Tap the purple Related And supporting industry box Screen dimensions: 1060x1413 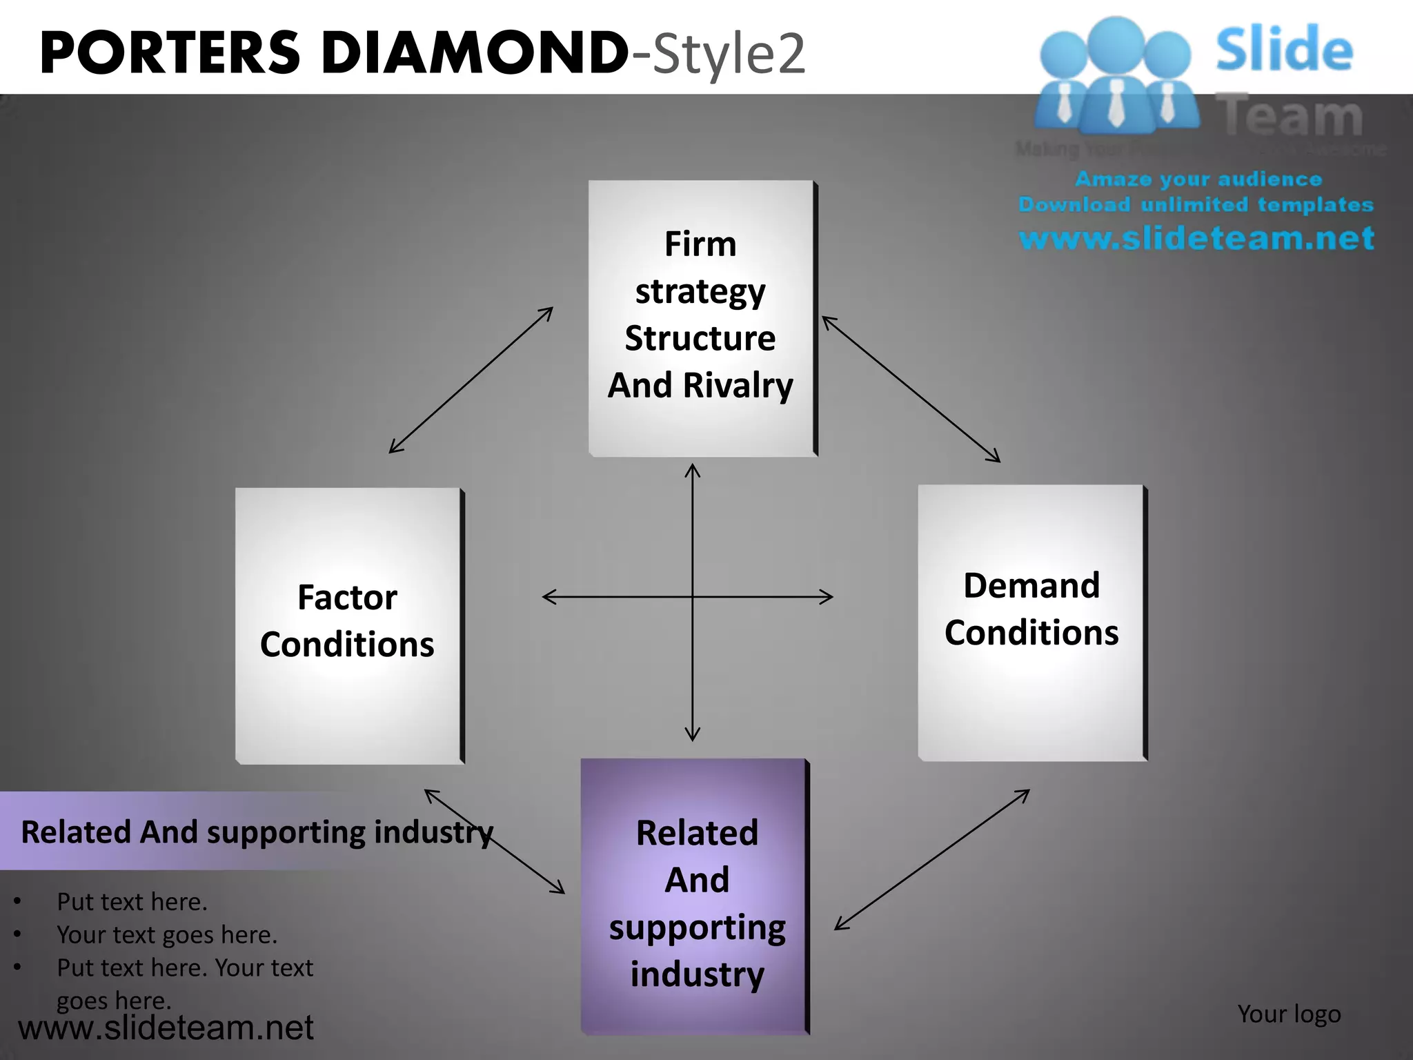click(x=695, y=897)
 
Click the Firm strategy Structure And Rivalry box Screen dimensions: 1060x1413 click(x=701, y=317)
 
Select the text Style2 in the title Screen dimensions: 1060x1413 click(x=729, y=54)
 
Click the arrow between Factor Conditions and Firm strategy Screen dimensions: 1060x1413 click(x=471, y=380)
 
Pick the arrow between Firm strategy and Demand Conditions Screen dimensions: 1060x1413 click(x=911, y=389)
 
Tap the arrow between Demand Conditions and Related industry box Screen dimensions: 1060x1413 click(x=931, y=860)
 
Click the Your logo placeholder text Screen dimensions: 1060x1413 click(x=1289, y=1014)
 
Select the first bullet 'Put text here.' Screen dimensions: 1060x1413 click(x=132, y=902)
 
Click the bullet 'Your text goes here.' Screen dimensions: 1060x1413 click(x=167, y=935)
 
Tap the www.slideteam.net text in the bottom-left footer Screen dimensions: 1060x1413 click(x=166, y=1028)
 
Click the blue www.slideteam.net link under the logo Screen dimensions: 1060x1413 click(x=1196, y=238)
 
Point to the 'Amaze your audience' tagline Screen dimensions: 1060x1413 click(x=1198, y=179)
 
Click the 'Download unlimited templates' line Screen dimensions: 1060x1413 click(x=1196, y=205)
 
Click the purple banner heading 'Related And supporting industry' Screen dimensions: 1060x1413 click(x=257, y=832)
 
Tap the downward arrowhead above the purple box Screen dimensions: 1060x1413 click(x=693, y=734)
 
